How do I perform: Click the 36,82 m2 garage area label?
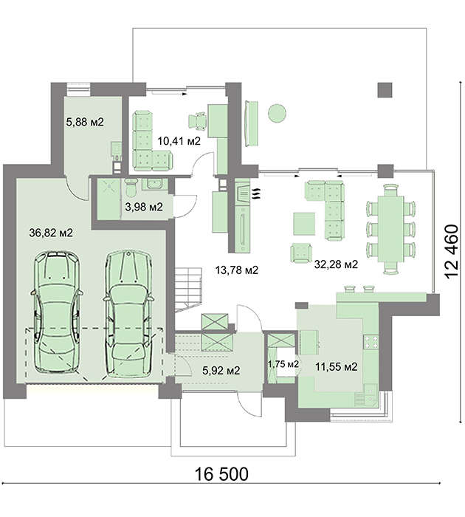point(51,233)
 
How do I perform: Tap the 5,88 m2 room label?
point(85,122)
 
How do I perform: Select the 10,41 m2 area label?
point(179,141)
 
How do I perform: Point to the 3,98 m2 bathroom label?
point(144,207)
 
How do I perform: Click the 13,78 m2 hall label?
point(237,270)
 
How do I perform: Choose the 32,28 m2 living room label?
point(336,264)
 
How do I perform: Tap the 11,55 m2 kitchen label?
point(336,366)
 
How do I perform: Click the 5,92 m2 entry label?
point(221,370)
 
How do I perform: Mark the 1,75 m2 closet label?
point(283,364)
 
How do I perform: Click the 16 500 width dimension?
point(221,474)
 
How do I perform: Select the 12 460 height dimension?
point(452,252)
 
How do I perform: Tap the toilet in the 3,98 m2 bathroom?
point(131,188)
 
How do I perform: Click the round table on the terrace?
point(277,114)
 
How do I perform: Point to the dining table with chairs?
point(390,229)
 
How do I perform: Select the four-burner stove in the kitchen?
point(371,342)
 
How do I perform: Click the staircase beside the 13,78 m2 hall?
point(188,290)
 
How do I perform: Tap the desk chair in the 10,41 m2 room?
point(198,121)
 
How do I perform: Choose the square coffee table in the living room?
point(304,224)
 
